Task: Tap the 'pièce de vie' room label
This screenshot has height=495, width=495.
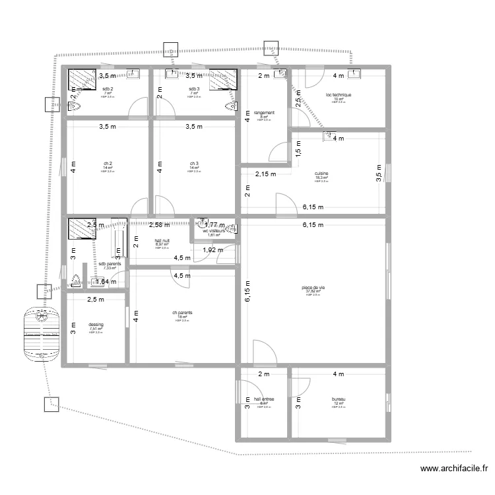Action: [313, 288]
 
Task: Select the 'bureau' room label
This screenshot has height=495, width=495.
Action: [339, 399]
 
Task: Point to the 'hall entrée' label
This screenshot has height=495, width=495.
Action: [264, 399]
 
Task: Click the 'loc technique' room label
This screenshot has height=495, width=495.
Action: [339, 95]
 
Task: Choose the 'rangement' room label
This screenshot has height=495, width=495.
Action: [264, 113]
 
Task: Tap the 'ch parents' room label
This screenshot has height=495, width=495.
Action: [182, 313]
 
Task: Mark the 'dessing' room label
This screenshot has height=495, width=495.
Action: [96, 325]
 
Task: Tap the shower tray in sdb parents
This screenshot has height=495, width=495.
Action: [81, 230]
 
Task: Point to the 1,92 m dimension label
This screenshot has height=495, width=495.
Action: [213, 250]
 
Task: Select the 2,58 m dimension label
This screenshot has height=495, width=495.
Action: [160, 225]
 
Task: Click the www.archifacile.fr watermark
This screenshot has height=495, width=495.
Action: [455, 469]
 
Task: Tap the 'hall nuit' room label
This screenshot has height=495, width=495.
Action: [162, 241]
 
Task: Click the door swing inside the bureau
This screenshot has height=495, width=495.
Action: [302, 393]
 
